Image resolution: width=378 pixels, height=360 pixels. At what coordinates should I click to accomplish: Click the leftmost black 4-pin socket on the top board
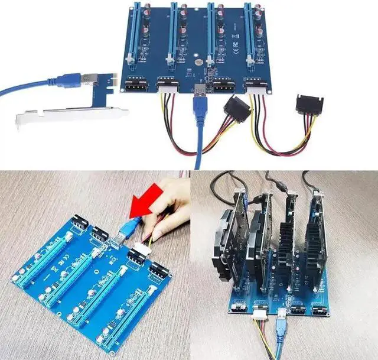pyautogui.click(x=134, y=85)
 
